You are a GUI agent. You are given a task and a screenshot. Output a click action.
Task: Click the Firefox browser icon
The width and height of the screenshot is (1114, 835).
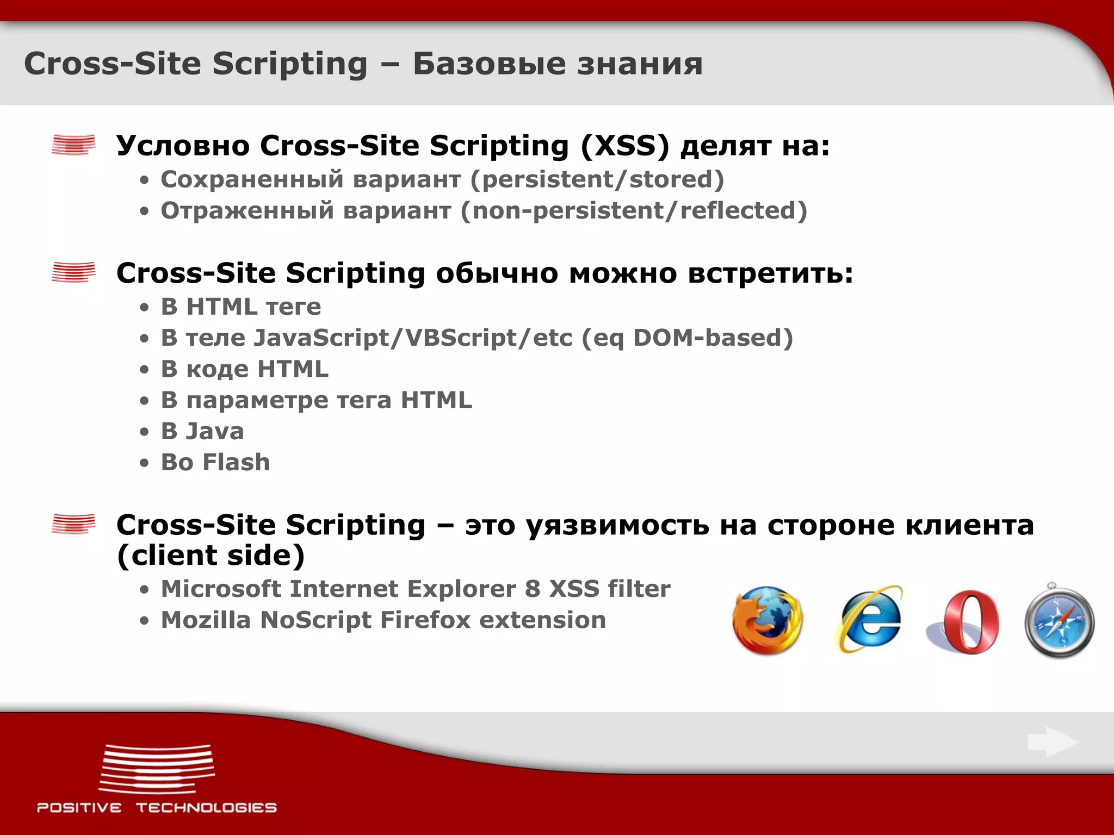(767, 621)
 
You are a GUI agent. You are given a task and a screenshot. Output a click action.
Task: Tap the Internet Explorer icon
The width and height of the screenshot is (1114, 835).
(869, 620)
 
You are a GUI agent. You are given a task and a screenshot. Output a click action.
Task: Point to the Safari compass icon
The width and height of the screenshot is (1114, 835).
(1059, 621)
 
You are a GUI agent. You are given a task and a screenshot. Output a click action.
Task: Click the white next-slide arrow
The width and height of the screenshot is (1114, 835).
(1053, 741)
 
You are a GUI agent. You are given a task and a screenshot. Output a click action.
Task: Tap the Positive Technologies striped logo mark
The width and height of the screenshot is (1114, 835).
(157, 769)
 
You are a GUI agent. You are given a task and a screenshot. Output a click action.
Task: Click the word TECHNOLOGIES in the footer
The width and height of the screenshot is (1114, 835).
(206, 808)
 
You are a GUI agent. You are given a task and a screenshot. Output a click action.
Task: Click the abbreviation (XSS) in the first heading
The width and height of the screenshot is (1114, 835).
(625, 146)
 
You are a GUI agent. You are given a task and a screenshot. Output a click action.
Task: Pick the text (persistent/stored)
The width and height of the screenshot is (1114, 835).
(597, 179)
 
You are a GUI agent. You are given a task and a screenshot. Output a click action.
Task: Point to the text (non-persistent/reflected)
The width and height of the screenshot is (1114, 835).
(634, 211)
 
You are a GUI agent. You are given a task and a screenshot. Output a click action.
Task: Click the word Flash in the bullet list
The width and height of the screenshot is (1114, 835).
(236, 463)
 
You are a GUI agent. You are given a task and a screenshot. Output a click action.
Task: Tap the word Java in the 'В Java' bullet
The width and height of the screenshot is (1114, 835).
(215, 432)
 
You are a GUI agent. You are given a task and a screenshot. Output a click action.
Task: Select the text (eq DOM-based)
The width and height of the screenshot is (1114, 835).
(687, 338)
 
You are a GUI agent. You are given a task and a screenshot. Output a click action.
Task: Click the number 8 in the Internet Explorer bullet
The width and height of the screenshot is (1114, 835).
(533, 589)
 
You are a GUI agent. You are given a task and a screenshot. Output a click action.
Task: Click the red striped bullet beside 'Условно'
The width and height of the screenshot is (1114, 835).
(73, 145)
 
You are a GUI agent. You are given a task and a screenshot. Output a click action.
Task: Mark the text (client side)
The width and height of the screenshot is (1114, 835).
(211, 556)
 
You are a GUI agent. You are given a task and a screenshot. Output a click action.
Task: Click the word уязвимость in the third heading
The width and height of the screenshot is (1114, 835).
(617, 525)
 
